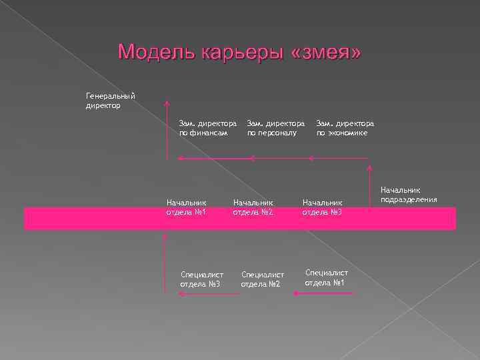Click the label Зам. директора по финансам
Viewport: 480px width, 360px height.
point(207,128)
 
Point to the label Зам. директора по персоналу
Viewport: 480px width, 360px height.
point(275,128)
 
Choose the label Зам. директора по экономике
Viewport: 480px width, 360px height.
point(345,128)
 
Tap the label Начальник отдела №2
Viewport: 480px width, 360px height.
point(253,207)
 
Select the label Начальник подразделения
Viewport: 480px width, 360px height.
point(409,195)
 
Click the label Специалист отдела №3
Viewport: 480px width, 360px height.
point(201,279)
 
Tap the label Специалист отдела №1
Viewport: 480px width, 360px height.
point(326,277)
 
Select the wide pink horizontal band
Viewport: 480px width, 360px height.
point(240,219)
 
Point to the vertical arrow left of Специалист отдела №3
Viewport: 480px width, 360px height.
point(164,267)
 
